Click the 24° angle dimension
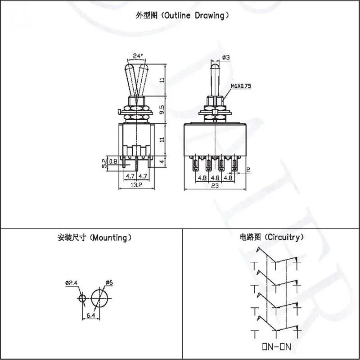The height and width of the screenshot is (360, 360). tap(138, 56)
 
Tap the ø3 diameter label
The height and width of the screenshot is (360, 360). tap(226, 58)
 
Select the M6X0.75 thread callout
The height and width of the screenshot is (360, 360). tap(241, 86)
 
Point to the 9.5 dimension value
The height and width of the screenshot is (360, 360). tap(162, 110)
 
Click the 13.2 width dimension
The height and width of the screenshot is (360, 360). tap(136, 185)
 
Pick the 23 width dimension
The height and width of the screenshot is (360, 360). tap(215, 185)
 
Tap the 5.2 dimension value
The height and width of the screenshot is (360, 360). tap(104, 163)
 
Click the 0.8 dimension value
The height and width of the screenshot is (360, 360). tap(113, 162)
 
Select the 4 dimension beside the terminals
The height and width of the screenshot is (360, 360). tap(162, 162)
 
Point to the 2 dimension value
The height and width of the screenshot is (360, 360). tap(248, 170)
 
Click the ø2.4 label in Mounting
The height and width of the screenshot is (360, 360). tap(71, 283)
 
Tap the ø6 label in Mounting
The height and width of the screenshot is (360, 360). tap(109, 283)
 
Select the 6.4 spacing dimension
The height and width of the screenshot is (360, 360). tap(91, 315)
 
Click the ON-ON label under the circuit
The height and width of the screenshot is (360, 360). tap(276, 346)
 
